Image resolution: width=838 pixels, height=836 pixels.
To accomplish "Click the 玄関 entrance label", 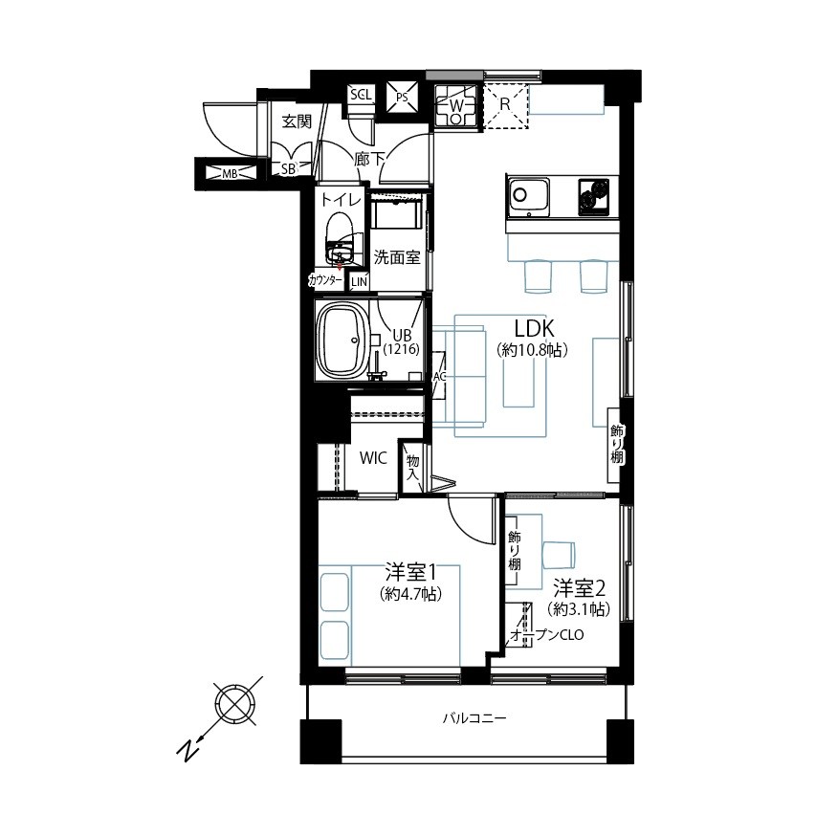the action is pos(297,121).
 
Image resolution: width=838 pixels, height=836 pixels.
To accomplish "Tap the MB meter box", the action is pos(230,173).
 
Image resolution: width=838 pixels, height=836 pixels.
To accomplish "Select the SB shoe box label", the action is pos(288,169).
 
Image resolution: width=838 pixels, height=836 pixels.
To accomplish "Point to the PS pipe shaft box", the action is pos(403,98).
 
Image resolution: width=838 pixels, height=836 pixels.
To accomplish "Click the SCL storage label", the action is pos(361,95).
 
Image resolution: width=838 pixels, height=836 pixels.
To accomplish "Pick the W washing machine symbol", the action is pos(455,106).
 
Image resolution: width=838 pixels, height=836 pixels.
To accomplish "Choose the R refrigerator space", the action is pos(505,105).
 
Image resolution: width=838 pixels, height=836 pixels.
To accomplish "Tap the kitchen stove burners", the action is pos(593,195).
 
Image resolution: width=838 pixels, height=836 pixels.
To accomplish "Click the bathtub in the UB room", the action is pos(342,339).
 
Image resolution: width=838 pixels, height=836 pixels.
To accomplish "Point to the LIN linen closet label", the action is pos(359,281).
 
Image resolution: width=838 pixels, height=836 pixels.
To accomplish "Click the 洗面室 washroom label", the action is pos(397,257).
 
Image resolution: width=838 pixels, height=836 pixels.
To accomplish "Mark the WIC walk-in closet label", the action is pos(374,458).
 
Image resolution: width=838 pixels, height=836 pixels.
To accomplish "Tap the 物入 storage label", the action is pos(413,466).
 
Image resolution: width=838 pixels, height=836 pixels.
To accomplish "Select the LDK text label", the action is pos(534,328).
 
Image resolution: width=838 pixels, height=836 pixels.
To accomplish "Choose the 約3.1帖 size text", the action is pos(579,608).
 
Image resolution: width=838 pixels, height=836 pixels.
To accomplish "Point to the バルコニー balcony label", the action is pos(474,717).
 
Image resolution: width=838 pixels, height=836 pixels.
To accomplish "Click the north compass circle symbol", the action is pos(234,704).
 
